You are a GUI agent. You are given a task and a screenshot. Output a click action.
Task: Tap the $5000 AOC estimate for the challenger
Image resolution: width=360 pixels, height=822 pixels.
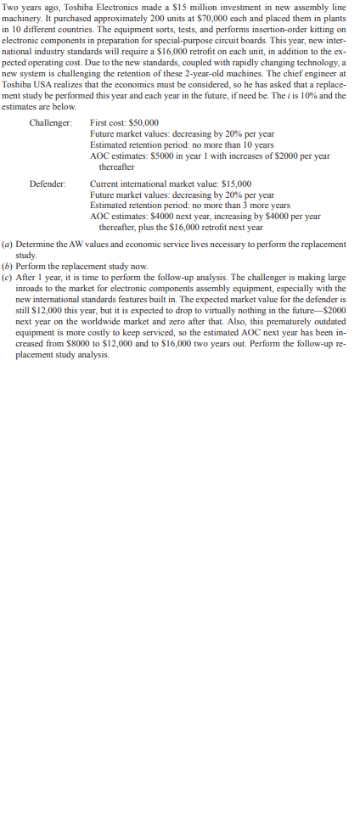[160, 156]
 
